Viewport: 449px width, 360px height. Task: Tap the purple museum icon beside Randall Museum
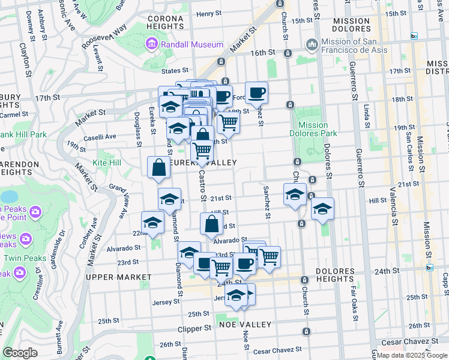151,44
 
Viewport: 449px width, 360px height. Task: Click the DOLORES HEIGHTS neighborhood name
328,274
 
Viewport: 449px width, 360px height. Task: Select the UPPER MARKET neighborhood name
118,277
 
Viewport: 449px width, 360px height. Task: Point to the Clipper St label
194,329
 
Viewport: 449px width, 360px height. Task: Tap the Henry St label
209,14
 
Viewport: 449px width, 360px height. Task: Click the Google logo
20,353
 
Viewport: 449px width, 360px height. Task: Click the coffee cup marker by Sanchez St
256,92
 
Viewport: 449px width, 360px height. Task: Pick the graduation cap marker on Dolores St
322,209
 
